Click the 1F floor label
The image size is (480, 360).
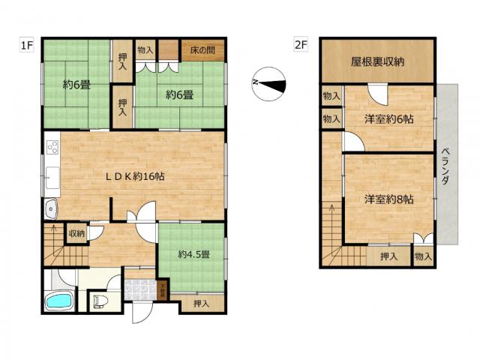click(26, 46)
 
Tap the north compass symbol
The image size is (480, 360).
click(268, 82)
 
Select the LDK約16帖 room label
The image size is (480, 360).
click(135, 177)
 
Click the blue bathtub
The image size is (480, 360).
click(58, 302)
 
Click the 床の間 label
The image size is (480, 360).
click(202, 50)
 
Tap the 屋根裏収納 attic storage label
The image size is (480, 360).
click(378, 61)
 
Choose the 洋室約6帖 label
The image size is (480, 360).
click(390, 119)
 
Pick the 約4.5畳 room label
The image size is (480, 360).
click(193, 254)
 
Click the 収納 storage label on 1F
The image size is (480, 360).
click(76, 233)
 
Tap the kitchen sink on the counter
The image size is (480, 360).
click(52, 178)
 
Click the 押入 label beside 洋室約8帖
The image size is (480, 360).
click(388, 256)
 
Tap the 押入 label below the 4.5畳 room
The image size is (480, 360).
click(201, 304)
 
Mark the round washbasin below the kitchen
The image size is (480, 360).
click(51, 208)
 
